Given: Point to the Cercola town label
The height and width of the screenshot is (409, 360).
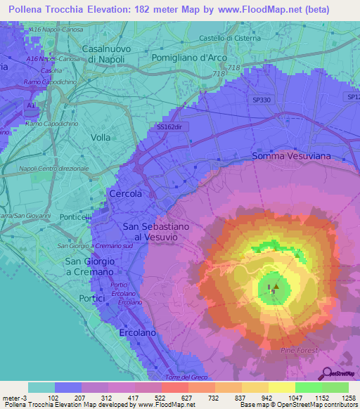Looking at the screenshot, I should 126,193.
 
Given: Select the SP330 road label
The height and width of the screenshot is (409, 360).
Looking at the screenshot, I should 261,100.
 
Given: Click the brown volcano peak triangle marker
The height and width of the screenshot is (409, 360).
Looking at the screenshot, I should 276,286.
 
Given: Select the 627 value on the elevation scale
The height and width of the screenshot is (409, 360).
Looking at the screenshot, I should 174,398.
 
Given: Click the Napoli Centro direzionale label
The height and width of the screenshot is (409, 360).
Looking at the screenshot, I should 54,169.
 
